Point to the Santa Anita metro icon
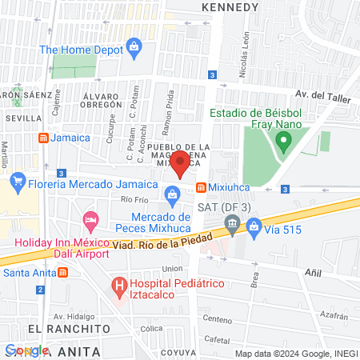click(62, 272)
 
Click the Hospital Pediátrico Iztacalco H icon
click(119, 285)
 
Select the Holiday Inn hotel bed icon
click(90, 218)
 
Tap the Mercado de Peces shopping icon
click(172, 194)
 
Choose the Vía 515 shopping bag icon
click(254, 230)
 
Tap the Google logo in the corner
click(26, 350)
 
